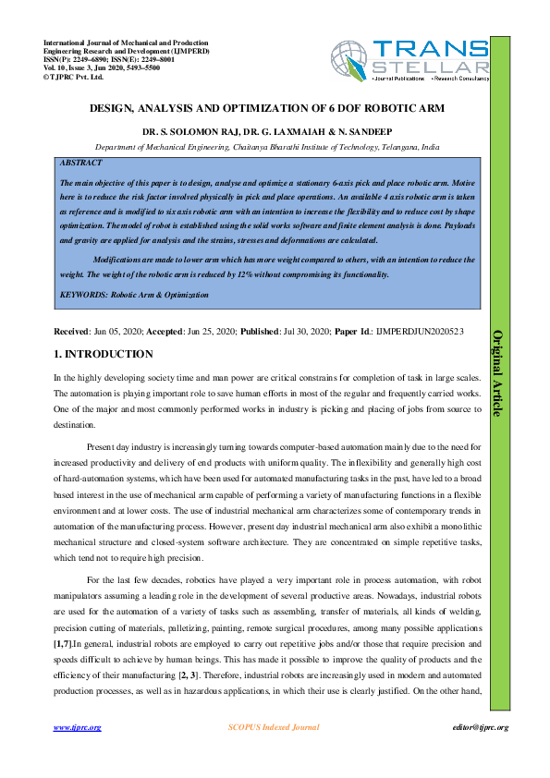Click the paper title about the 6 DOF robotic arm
(267, 109)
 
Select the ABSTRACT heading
(80, 163)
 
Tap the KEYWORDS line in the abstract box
(133, 296)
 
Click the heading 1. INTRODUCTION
(102, 355)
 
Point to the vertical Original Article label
(497, 372)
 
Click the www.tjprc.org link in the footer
(77, 727)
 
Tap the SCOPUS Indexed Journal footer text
(274, 727)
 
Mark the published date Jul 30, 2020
(300, 330)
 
